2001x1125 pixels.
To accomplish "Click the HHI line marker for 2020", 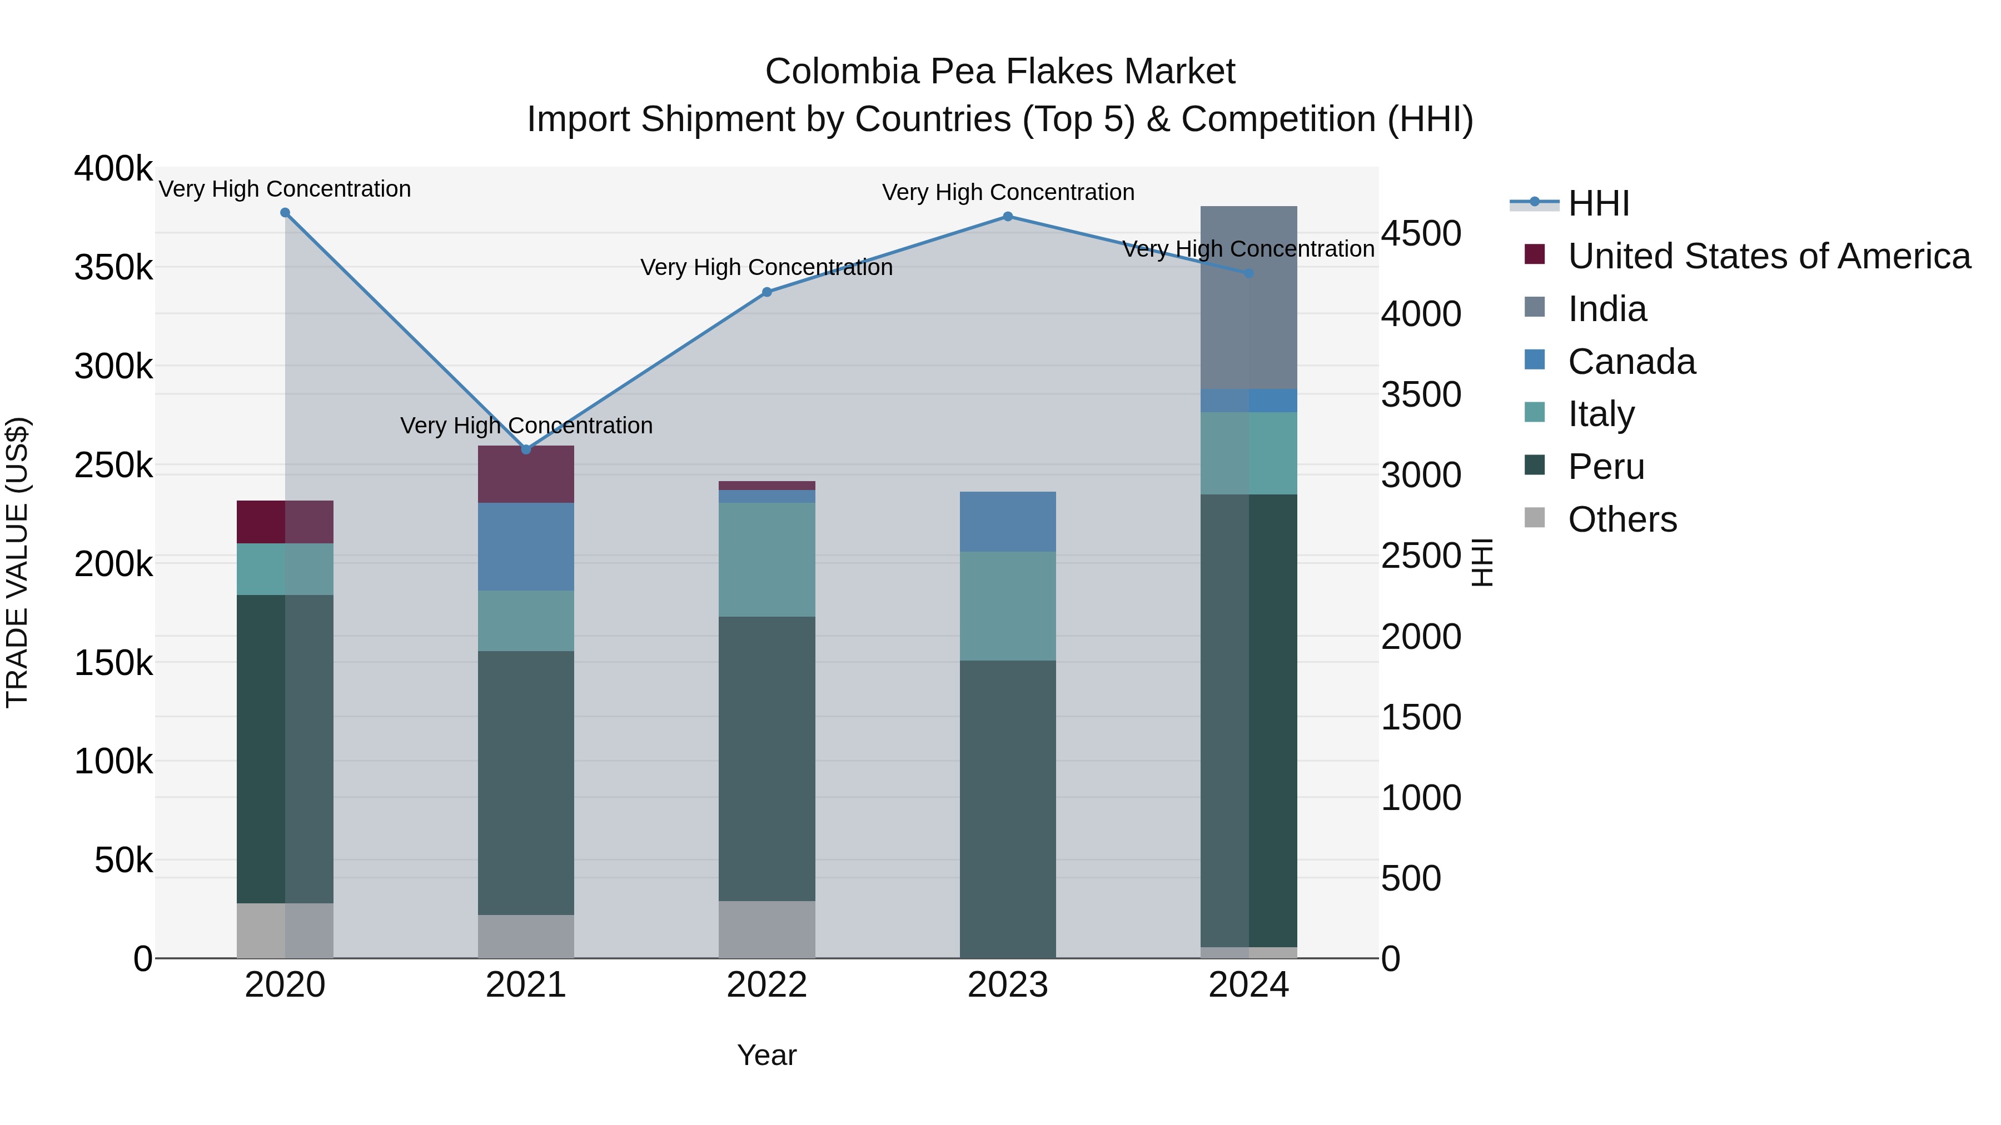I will coord(285,213).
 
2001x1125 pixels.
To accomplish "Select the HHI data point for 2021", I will coord(526,449).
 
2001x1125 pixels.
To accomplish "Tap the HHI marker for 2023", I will coord(1008,217).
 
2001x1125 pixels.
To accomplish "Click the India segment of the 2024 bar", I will coord(1248,297).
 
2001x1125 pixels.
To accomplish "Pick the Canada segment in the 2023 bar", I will coord(1008,522).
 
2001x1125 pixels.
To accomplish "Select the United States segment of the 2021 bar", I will coord(526,474).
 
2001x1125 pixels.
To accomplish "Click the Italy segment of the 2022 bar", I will coord(766,560).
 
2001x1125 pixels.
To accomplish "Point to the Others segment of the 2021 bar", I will coord(526,936).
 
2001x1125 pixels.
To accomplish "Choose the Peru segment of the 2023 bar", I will coord(1008,809).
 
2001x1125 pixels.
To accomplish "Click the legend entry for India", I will coord(1606,309).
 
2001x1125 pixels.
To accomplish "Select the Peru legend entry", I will coord(1606,467).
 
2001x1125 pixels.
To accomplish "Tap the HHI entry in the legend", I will coord(1598,203).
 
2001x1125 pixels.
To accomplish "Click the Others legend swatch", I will coord(1535,518).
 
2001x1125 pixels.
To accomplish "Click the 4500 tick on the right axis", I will coord(1421,234).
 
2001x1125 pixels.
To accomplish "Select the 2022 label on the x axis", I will coord(766,985).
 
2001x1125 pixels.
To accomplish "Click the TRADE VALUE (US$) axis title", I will coord(18,563).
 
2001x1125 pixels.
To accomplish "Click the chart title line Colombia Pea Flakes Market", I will coord(1000,72).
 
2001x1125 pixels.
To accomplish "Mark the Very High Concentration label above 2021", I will coord(526,426).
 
